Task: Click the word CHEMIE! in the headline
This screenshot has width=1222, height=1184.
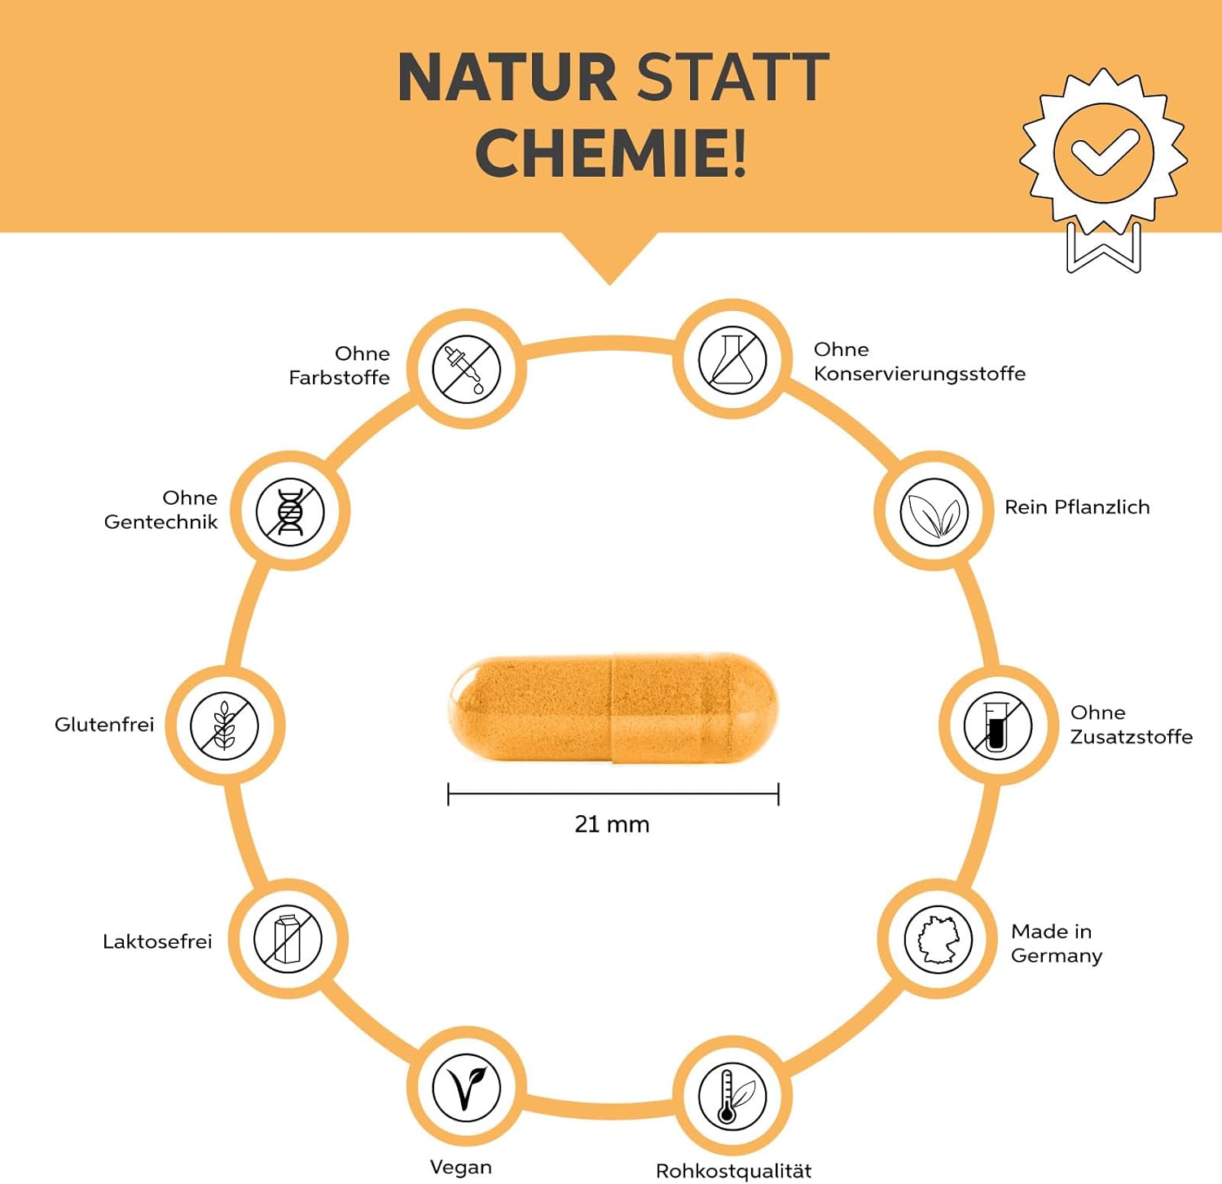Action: [610, 153]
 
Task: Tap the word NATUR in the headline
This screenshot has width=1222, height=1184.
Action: [507, 78]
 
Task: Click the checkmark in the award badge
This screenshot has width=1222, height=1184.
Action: [1104, 152]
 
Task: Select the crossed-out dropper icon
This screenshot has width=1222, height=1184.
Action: [466, 369]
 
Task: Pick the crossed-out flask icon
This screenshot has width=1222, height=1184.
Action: [732, 360]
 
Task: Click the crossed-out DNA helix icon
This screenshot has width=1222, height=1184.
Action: [290, 512]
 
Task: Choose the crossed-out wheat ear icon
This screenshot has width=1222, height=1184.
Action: [225, 726]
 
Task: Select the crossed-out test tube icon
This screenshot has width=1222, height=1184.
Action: [997, 726]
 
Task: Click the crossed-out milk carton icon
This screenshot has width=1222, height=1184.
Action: [288, 939]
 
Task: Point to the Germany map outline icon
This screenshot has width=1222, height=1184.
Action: [938, 939]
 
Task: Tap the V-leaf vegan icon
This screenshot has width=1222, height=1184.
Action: [466, 1087]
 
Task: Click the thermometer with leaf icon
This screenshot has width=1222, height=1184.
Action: [732, 1096]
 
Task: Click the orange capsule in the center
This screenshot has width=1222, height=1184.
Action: [613, 708]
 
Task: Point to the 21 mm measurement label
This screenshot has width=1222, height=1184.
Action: [612, 824]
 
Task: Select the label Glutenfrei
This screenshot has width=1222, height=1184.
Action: [104, 725]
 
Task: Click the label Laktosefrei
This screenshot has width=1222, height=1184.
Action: [157, 941]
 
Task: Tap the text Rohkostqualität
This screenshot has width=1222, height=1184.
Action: [733, 1171]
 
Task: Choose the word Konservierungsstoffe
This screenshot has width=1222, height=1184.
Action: [919, 374]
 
